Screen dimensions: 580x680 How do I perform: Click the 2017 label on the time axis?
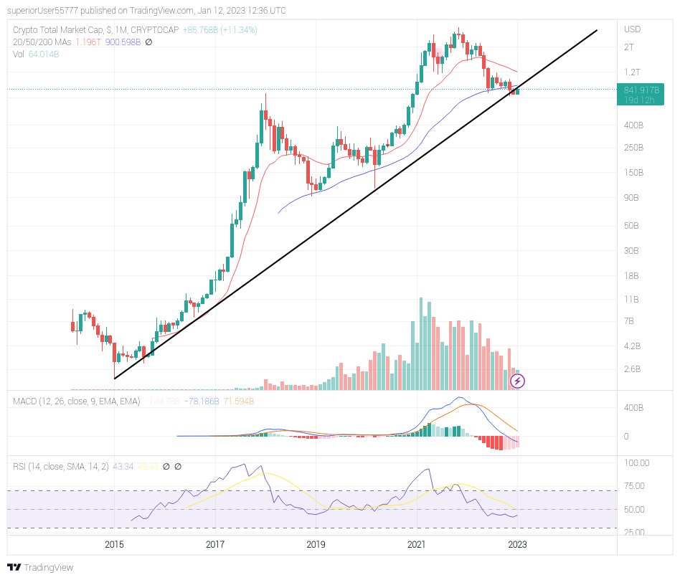tap(215, 545)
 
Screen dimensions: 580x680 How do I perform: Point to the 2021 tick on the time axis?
tap(417, 545)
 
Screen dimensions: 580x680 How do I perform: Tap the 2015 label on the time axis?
tap(114, 545)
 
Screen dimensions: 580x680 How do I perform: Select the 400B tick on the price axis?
tap(633, 125)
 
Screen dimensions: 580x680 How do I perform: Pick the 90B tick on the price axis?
tap(632, 198)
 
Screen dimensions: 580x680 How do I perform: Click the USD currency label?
tap(633, 29)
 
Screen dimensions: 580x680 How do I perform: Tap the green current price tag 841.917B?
tap(640, 90)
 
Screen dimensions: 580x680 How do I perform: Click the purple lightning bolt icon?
tap(517, 381)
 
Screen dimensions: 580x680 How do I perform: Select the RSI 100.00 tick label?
tap(637, 463)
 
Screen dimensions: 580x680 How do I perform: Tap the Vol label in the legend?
tap(19, 53)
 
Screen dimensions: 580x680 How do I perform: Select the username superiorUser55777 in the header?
tap(46, 11)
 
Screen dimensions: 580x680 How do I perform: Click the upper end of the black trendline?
tap(597, 31)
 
